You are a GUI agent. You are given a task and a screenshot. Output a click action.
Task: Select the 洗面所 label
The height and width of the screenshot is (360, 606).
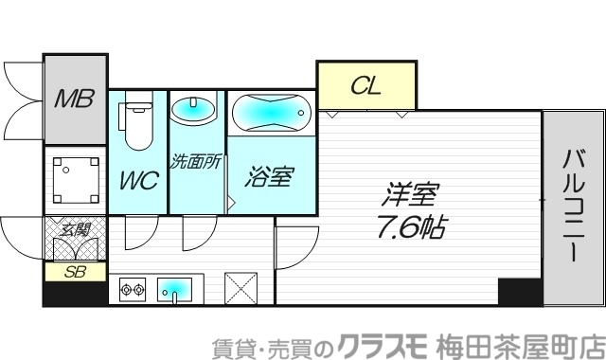click(195, 161)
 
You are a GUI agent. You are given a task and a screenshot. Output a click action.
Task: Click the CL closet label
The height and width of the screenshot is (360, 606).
click(365, 86)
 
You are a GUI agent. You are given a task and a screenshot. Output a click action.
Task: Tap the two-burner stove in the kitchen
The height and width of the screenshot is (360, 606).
click(132, 288)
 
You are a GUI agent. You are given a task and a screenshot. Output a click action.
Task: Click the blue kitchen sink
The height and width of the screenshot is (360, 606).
click(174, 287)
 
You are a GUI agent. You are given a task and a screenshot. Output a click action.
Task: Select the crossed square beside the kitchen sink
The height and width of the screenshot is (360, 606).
click(240, 287)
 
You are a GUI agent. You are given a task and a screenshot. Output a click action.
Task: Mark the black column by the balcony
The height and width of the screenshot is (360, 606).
click(519, 292)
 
